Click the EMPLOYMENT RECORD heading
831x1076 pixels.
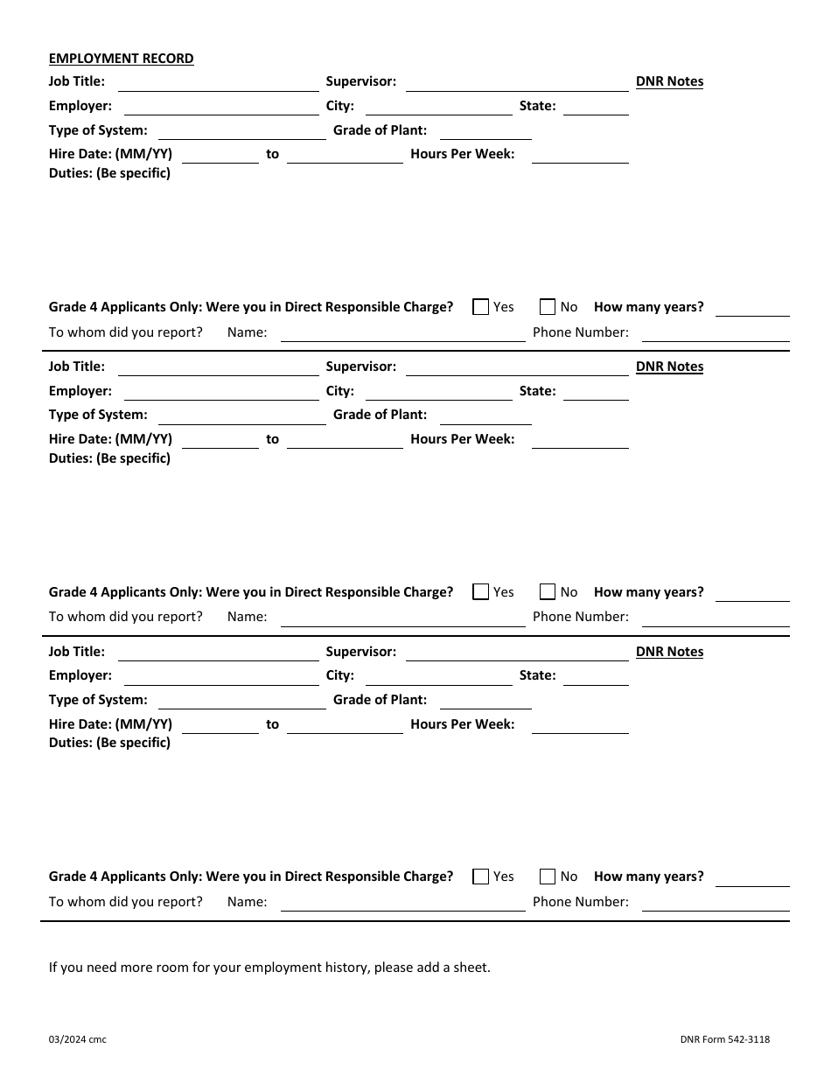(121, 59)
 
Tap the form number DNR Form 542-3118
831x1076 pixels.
(724, 1039)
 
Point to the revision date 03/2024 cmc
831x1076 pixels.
(78, 1039)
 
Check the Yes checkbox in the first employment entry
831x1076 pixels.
(480, 307)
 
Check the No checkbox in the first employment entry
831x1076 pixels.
(548, 307)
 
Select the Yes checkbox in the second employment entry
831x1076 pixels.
(480, 592)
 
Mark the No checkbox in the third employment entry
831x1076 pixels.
(548, 877)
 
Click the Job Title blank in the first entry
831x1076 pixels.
(218, 84)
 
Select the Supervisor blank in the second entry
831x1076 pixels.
(517, 368)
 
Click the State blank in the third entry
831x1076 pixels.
(596, 678)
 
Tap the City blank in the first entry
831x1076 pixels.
(438, 108)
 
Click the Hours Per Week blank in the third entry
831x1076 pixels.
(580, 726)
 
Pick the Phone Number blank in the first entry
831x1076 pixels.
(716, 334)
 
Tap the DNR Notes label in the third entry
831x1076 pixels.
(669, 652)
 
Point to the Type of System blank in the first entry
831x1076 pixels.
(241, 132)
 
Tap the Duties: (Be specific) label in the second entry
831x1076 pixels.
(109, 458)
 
